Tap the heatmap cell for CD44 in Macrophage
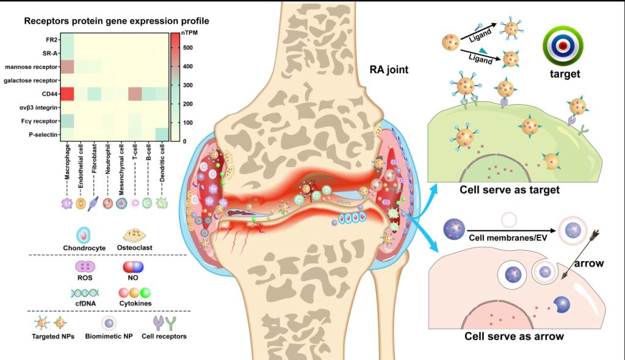pyautogui.click(x=68, y=94)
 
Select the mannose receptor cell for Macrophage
pyautogui.click(x=68, y=67)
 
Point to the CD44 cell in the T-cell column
pyautogui.click(x=135, y=94)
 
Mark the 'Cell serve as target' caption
pyautogui.click(x=510, y=190)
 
